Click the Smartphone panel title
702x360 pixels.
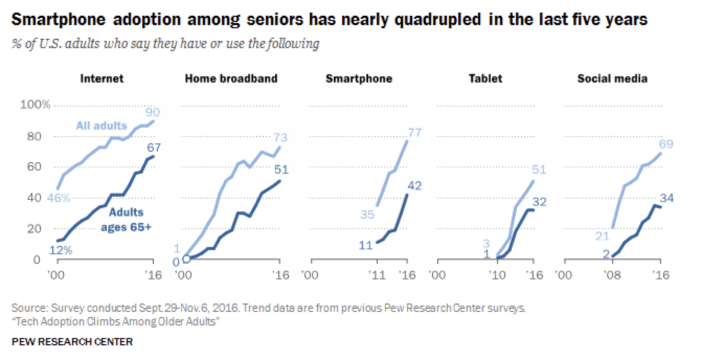(x=358, y=79)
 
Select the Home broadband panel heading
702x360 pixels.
(x=231, y=79)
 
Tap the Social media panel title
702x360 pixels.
(x=612, y=79)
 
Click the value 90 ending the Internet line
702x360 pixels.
(x=153, y=112)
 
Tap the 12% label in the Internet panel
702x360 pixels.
(x=61, y=250)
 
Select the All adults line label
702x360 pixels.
(x=101, y=126)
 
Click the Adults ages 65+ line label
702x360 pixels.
(x=126, y=221)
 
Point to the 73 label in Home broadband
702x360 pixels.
(x=281, y=138)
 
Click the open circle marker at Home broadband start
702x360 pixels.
(x=186, y=259)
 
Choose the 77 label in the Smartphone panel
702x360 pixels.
(x=414, y=132)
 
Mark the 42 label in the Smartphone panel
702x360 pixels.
(x=414, y=185)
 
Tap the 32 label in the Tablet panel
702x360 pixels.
(x=539, y=202)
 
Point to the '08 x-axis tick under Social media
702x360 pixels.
(x=611, y=275)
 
